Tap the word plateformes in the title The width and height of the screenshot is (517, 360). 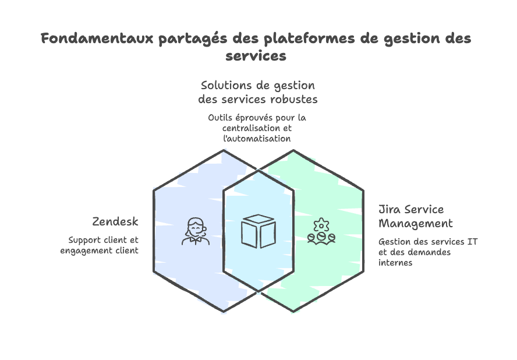coord(299,39)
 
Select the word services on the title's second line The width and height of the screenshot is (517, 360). coord(256,57)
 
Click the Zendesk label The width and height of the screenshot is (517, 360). coord(115,222)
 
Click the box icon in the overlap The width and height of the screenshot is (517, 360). coord(258,231)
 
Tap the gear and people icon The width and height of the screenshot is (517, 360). coord(322,231)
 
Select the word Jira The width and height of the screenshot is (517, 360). coord(391,209)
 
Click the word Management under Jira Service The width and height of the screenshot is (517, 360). coord(416,223)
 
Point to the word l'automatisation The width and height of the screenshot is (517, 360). coord(258,139)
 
